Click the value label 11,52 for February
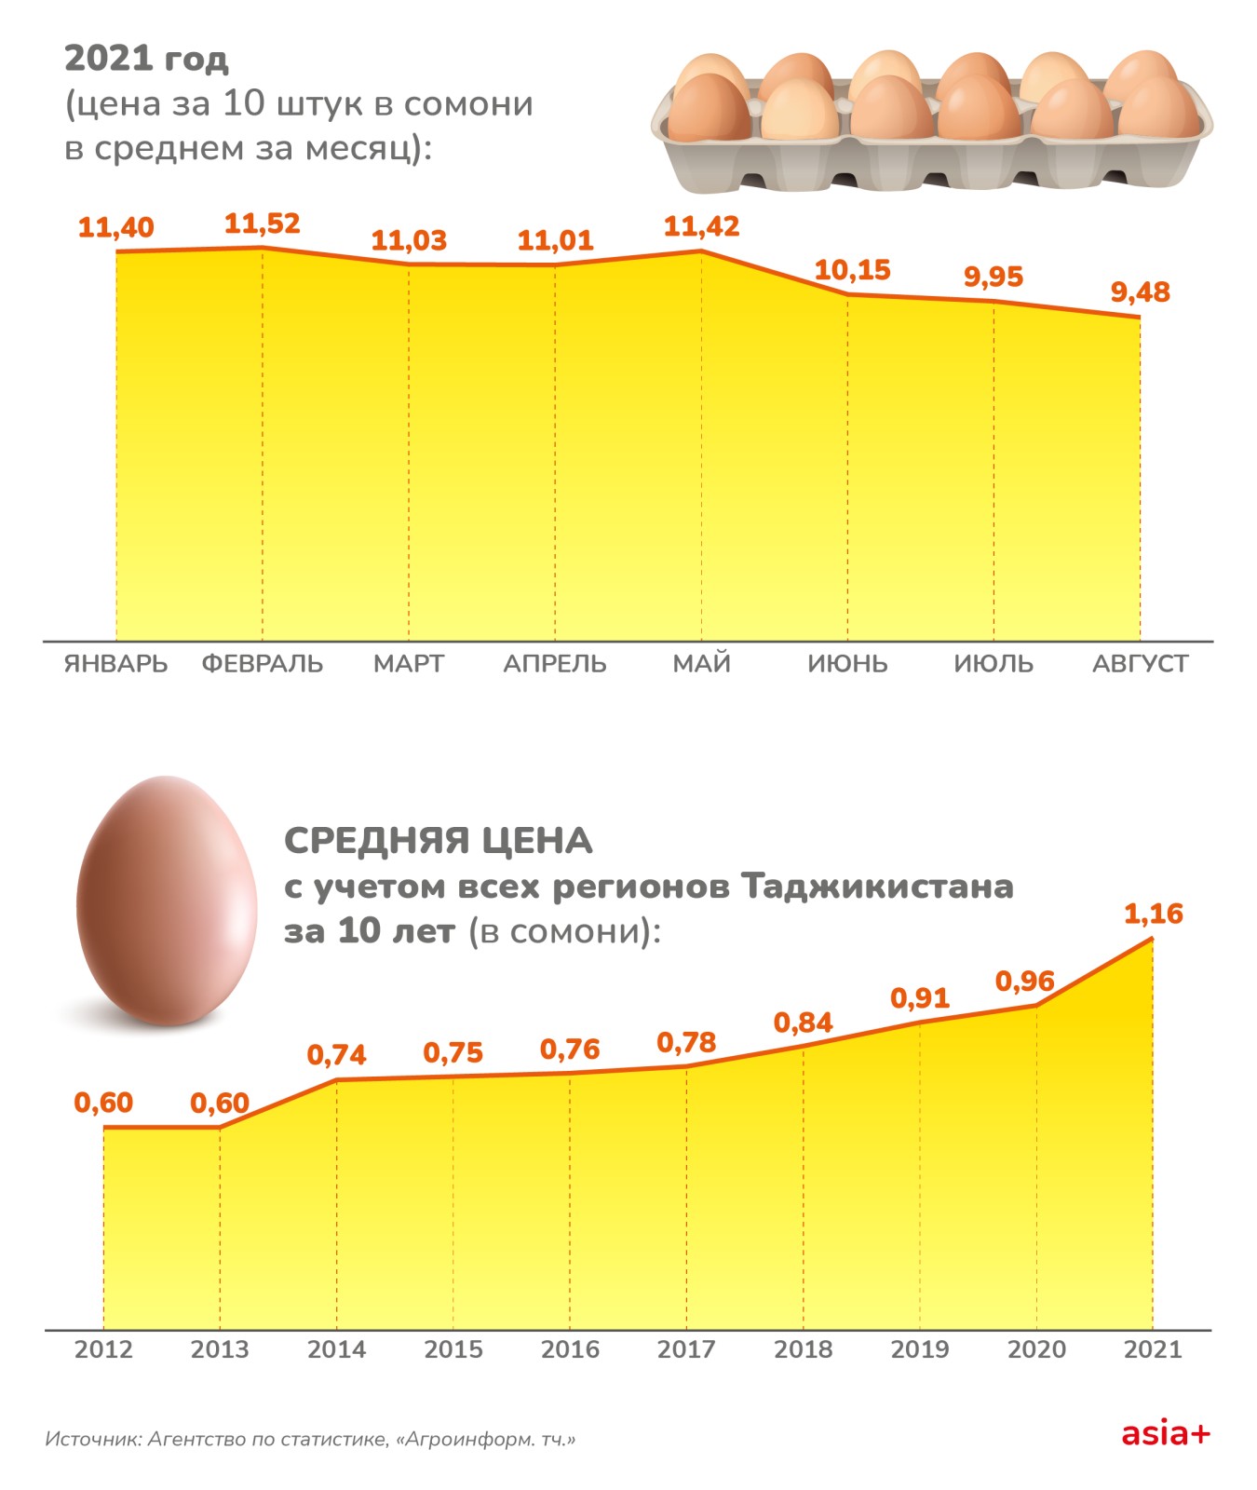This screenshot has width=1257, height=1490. click(x=263, y=224)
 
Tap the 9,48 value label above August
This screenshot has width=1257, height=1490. click(x=1140, y=293)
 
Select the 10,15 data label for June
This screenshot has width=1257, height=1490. click(x=852, y=271)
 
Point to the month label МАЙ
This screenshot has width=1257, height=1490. click(x=701, y=664)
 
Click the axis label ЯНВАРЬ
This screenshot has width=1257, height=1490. click(x=116, y=664)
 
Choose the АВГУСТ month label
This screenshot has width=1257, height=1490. click(x=1140, y=664)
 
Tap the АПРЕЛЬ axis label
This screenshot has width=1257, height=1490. click(x=555, y=664)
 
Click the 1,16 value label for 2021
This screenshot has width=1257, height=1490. click(x=1153, y=914)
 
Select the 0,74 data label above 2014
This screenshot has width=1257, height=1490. click(x=336, y=1056)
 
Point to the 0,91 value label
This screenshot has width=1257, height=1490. click(x=919, y=999)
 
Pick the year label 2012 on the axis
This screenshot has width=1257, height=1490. click(x=103, y=1349)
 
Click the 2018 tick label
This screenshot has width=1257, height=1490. click(x=803, y=1349)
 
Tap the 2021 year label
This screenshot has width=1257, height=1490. click(x=1153, y=1349)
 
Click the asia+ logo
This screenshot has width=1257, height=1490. click(x=1165, y=1434)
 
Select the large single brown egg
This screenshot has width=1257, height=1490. click(x=166, y=901)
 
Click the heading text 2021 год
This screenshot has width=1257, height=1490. click(x=146, y=59)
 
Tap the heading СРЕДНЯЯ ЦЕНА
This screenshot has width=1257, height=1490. click(x=438, y=841)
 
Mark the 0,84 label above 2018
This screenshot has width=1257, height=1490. click(x=803, y=1023)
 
